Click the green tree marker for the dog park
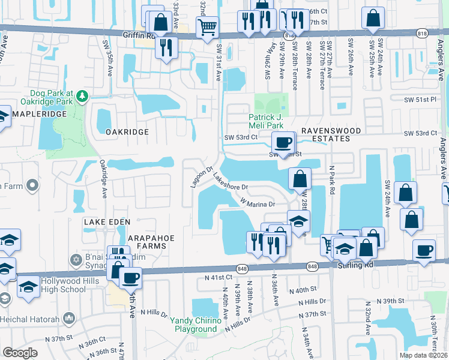[82, 97]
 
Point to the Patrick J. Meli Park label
[271, 121]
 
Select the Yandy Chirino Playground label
[196, 325]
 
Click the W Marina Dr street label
[258, 203]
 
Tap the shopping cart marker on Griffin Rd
[207, 27]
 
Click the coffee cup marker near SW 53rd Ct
[283, 143]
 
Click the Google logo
[20, 352]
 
